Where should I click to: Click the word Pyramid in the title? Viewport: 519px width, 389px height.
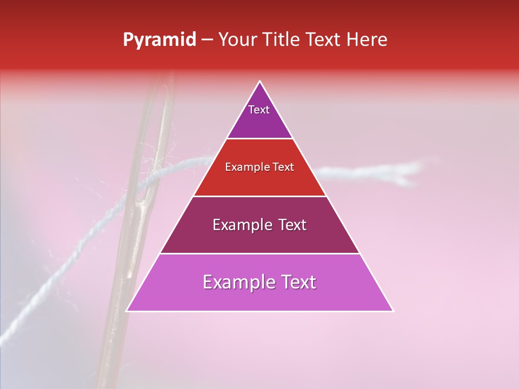pos(159,40)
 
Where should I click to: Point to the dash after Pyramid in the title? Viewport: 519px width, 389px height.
pos(207,40)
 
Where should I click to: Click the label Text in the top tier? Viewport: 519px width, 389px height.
pos(259,110)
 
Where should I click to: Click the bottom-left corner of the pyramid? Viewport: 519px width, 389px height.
pos(127,311)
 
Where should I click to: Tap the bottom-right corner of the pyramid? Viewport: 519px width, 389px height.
pos(393,311)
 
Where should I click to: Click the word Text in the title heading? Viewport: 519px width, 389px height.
pos(324,40)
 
